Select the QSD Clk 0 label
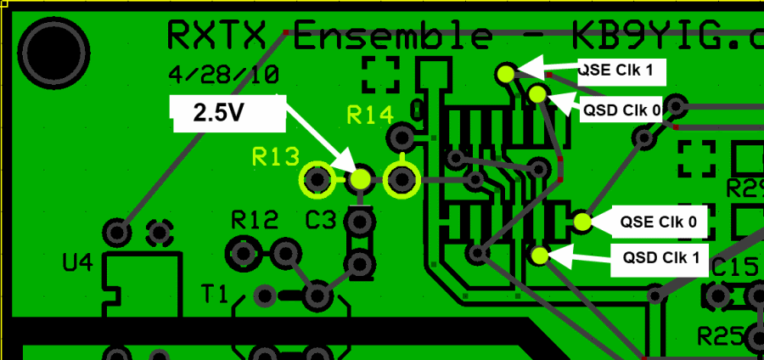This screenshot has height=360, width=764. (621, 110)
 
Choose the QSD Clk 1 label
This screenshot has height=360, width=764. (660, 257)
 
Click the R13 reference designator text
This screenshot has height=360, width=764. (276, 156)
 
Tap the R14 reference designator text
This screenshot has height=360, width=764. (371, 115)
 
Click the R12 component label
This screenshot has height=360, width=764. (255, 221)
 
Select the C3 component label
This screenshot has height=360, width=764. (322, 221)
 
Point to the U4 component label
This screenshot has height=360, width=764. (77, 264)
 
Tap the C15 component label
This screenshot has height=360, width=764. (735, 268)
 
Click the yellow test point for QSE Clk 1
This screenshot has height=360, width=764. (507, 73)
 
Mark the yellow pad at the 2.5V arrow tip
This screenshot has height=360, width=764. (361, 179)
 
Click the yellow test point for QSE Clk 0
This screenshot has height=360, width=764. (581, 222)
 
